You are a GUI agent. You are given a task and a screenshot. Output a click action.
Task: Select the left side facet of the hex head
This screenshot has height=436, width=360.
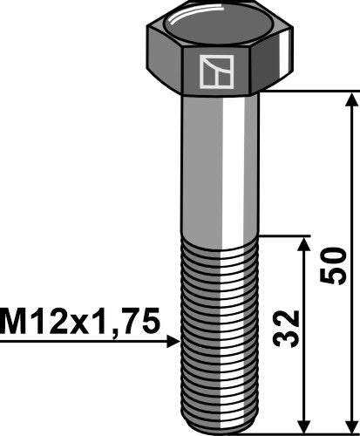tap(164, 65)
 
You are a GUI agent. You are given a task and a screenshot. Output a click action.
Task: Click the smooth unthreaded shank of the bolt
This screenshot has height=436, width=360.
tap(221, 166)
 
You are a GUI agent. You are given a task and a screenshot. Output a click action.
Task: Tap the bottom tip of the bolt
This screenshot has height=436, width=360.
tap(221, 424)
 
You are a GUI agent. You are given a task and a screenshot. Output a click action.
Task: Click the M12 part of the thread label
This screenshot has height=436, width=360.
tap(35, 322)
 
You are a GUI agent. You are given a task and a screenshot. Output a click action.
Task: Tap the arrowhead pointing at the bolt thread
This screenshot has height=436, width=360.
tap(173, 343)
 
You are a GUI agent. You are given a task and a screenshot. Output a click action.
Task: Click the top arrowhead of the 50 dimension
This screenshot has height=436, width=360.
tap(353, 98)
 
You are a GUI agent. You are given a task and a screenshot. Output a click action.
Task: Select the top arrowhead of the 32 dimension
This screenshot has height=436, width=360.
tap(302, 243)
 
